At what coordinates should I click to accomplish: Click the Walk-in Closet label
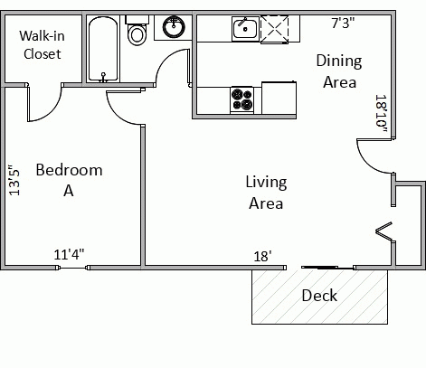pyautogui.click(x=42, y=45)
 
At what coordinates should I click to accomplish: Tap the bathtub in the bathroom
pyautogui.click(x=103, y=49)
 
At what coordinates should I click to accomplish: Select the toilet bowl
pyautogui.click(x=137, y=31)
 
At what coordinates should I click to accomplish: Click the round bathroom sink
pyautogui.click(x=174, y=26)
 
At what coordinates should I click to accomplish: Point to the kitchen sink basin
pyautogui.click(x=245, y=29)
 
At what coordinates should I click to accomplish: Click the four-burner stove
pyautogui.click(x=242, y=99)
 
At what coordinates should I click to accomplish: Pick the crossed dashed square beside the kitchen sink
pyautogui.click(x=274, y=30)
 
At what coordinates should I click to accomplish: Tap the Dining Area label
pyautogui.click(x=339, y=71)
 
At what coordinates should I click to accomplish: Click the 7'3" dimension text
pyautogui.click(x=343, y=23)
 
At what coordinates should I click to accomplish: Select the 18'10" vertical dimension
pyautogui.click(x=381, y=114)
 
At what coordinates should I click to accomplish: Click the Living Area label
pyautogui.click(x=266, y=193)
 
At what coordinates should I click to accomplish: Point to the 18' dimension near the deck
pyautogui.click(x=262, y=257)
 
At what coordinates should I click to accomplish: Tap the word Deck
pyautogui.click(x=319, y=296)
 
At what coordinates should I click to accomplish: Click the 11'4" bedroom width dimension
pyautogui.click(x=69, y=254)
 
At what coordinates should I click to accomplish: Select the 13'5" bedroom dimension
pyautogui.click(x=14, y=180)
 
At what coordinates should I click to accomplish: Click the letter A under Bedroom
pyautogui.click(x=69, y=191)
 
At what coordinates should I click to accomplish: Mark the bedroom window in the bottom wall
pyautogui.click(x=73, y=268)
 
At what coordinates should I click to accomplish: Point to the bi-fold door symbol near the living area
pyautogui.click(x=384, y=231)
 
